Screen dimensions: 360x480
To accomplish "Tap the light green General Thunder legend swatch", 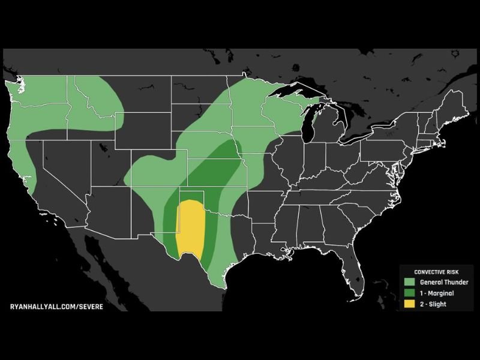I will (410, 281).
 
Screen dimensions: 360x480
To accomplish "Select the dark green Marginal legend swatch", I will (410, 293).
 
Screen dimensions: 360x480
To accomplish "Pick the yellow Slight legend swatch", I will (410, 304).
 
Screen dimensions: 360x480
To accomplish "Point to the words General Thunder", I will (441, 281).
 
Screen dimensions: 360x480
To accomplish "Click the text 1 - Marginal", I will (437, 293).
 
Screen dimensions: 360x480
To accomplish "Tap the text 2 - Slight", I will (433, 304).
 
